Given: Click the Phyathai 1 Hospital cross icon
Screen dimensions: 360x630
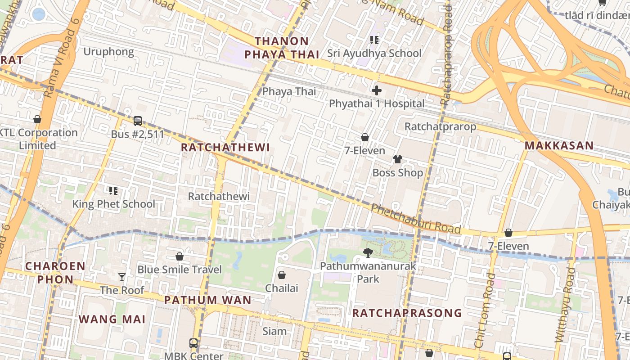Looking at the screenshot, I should [x=377, y=90].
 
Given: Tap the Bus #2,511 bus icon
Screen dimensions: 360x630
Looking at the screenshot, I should [x=138, y=121].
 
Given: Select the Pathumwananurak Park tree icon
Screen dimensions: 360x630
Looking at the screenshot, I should [x=368, y=253].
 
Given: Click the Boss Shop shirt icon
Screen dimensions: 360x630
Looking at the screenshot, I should [x=398, y=159].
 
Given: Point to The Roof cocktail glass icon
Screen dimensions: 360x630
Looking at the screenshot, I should [x=122, y=277].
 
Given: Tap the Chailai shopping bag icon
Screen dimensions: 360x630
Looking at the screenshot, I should [x=282, y=274].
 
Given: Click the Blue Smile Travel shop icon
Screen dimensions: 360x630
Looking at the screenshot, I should [x=180, y=256].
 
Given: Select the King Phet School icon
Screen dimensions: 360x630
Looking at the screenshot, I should [x=113, y=191].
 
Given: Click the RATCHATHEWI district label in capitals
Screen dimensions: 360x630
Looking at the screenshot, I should [x=225, y=148].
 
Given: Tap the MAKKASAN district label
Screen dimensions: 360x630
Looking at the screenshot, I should [x=559, y=146].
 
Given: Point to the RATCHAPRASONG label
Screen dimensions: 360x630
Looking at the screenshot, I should [x=407, y=313].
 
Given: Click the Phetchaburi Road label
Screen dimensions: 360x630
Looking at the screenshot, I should [x=416, y=219].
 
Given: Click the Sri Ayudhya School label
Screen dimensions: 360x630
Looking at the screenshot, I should [x=374, y=53].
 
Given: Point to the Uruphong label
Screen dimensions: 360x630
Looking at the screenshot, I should [x=108, y=52].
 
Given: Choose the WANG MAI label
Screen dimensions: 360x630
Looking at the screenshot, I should [x=112, y=319].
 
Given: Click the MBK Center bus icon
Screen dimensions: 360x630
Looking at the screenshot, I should [x=193, y=343].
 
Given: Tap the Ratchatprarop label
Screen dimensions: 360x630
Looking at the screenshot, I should [x=440, y=126].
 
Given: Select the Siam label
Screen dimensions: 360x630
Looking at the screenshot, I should [x=274, y=332].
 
